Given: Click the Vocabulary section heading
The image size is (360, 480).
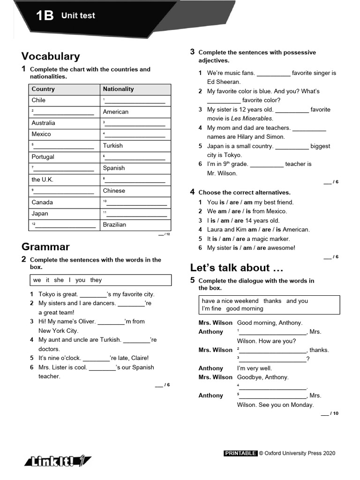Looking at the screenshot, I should coord(51,56).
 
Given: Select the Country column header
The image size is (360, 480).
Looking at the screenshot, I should coord(43,89).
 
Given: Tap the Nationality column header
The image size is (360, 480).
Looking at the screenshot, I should coord(118,89).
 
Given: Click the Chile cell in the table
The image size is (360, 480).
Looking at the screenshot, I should coord(38,100).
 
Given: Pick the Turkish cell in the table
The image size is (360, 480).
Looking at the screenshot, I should coord(113,146).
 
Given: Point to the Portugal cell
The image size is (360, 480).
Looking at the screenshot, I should coord(43,157).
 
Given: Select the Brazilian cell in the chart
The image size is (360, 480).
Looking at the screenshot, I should coord(114,225).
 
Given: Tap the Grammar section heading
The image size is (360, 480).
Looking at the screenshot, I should coord(45,247).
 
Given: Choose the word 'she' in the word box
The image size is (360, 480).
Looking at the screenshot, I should coord(59,280).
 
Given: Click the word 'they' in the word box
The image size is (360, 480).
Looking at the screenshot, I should coord(96,280).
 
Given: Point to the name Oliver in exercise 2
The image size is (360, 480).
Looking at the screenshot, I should coord(86,322).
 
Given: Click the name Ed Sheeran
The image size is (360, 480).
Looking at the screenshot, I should coord(224,82).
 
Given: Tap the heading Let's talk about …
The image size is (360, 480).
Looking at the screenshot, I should coord(237,268).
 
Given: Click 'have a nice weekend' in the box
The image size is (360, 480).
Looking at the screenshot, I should coord(230,301).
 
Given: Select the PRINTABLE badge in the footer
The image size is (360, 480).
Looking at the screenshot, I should coord(240,453).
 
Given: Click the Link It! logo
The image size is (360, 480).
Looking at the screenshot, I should coord(58,462).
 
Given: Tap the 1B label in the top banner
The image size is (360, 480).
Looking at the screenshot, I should coord(45,16).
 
